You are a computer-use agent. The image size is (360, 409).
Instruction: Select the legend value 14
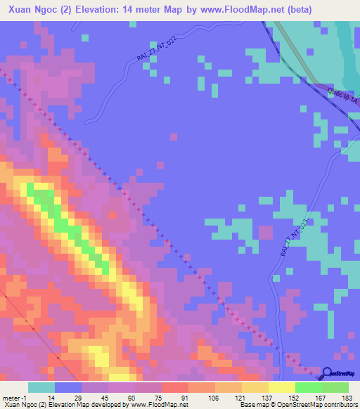click(51, 397)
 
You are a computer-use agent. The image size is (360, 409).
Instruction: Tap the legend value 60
click(131, 397)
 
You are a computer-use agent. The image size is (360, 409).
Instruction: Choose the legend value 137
click(266, 397)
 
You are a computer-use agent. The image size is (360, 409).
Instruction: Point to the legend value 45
click(105, 397)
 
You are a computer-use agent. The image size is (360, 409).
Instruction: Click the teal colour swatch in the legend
click(41, 387)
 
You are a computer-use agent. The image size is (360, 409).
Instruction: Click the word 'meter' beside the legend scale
click(13, 397)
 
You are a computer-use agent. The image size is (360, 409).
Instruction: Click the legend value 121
click(239, 397)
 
